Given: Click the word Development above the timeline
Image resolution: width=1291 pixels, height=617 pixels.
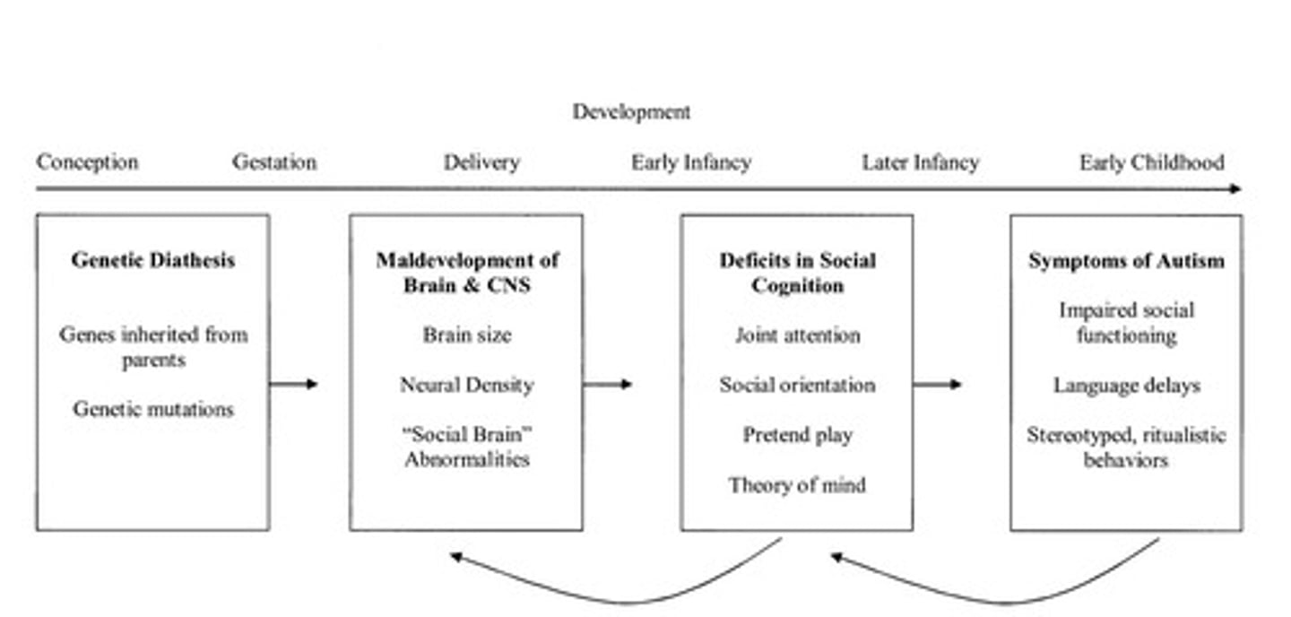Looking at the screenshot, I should tap(631, 112).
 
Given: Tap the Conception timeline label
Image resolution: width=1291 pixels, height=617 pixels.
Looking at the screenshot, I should tap(87, 162).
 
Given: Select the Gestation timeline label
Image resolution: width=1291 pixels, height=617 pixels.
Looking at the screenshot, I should tap(273, 162).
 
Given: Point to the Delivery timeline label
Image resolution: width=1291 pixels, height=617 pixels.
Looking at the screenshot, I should tap(481, 162).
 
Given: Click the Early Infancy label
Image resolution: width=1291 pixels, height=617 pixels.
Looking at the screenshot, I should tap(690, 162).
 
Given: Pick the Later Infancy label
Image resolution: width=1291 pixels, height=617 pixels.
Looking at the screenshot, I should tap(920, 162).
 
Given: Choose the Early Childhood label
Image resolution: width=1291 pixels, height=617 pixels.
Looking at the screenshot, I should tap(1151, 162).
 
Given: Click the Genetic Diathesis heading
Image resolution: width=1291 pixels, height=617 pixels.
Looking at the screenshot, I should tap(152, 260).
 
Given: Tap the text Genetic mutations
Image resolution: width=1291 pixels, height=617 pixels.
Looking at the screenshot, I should tap(152, 409).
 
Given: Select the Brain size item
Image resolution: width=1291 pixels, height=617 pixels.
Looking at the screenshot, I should tap(466, 335).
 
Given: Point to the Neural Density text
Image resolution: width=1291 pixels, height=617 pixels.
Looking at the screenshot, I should tap(466, 385).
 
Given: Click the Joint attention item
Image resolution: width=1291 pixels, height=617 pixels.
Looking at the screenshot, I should tap(797, 335).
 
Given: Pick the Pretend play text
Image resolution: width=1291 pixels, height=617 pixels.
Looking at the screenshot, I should tap(797, 435).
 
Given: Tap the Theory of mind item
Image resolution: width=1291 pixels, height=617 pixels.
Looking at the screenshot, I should tap(797, 485).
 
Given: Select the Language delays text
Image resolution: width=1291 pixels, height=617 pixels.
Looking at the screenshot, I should tap(1126, 386).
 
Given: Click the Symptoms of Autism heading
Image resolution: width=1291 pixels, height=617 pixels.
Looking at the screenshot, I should tap(1126, 261).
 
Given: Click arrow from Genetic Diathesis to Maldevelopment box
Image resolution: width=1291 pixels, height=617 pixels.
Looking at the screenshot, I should tap(294, 384).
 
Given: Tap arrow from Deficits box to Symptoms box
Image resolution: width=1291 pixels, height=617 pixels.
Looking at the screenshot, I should tap(937, 384).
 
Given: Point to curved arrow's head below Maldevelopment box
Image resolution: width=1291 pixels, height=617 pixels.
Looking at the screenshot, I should tap(455, 557).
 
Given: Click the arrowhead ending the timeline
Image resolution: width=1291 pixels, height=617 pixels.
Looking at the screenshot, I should tap(1236, 188).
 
